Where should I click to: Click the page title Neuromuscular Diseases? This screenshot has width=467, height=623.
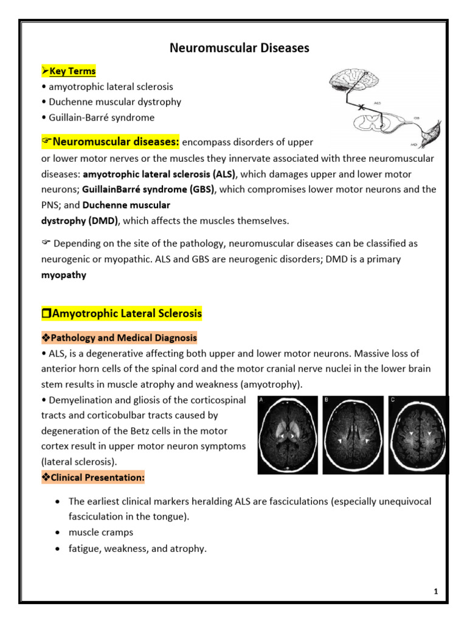pos(239,48)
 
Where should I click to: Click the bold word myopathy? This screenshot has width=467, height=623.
pos(63,275)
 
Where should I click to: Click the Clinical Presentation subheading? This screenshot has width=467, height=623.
pos(92,478)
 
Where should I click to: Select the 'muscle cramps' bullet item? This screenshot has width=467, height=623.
pos(100,533)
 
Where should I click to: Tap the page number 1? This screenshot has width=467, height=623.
pos(436,591)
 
